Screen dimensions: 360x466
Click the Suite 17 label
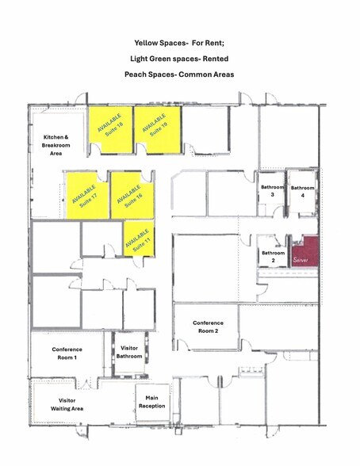coord(89,201)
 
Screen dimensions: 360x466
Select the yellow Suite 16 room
coord(132,196)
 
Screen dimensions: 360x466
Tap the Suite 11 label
coord(142,244)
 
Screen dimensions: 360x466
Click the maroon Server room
coord(305,251)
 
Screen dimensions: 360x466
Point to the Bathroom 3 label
coord(272,191)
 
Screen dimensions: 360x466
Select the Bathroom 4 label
coord(302,192)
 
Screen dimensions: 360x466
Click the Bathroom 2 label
coord(274,257)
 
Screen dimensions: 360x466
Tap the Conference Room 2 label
coord(208,327)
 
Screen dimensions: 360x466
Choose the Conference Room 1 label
coord(67,353)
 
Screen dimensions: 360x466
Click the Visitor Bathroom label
coord(129,352)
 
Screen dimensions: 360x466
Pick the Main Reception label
coord(152,402)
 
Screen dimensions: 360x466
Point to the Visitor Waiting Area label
coord(67,404)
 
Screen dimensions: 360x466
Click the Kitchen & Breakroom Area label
coord(56,145)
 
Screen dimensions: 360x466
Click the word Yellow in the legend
coord(146,43)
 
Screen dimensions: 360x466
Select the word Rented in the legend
coord(216,59)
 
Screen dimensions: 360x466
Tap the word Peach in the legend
coord(135,74)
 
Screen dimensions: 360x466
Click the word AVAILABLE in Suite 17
coord(84,194)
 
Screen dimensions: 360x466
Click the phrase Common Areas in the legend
coord(206,74)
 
